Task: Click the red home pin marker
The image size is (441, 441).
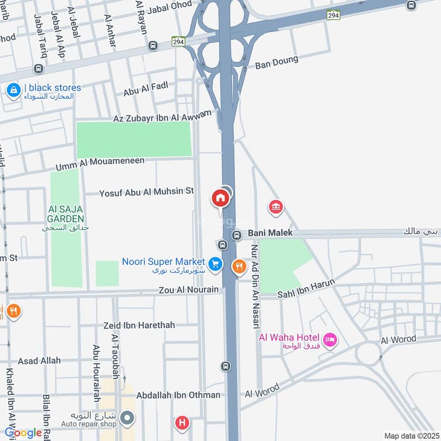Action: (x=220, y=198)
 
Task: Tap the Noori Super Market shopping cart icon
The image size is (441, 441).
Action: (x=215, y=264)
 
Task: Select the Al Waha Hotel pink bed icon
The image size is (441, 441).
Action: (x=330, y=340)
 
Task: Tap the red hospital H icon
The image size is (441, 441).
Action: (x=181, y=423)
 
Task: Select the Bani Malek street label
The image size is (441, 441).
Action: (x=270, y=233)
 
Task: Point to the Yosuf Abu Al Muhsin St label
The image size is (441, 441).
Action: (x=147, y=192)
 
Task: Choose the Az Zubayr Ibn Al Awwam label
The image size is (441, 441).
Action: (x=162, y=116)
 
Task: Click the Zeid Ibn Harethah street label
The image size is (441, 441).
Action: (x=139, y=325)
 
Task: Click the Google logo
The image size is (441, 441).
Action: (x=23, y=433)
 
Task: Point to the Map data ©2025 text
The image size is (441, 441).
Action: (x=411, y=436)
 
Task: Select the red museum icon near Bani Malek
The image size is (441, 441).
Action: (x=275, y=207)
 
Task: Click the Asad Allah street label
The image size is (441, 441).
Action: (x=39, y=361)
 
